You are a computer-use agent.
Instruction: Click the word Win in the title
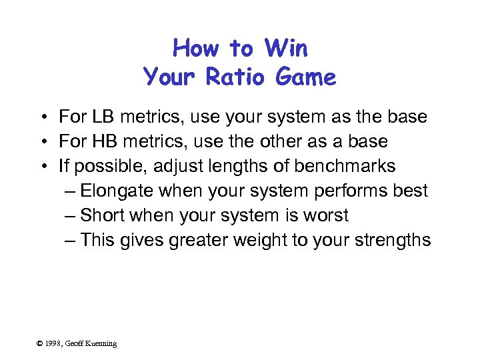click(286, 49)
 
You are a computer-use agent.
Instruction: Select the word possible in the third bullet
click(106, 166)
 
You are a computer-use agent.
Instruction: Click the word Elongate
click(117, 191)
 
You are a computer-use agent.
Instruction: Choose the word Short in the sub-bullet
click(101, 215)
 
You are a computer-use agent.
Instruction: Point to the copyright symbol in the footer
click(40, 343)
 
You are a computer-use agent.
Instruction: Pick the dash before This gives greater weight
click(71, 240)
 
